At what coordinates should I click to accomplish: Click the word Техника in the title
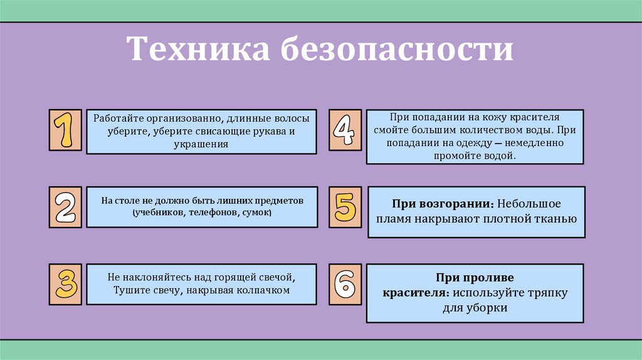196,50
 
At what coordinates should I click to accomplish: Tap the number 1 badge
65,130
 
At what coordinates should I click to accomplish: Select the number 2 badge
65,207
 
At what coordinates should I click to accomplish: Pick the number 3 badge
65,284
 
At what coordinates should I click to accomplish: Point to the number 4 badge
345,130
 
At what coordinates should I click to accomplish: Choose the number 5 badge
345,207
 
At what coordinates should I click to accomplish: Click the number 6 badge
345,284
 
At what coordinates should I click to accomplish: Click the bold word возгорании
456,204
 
